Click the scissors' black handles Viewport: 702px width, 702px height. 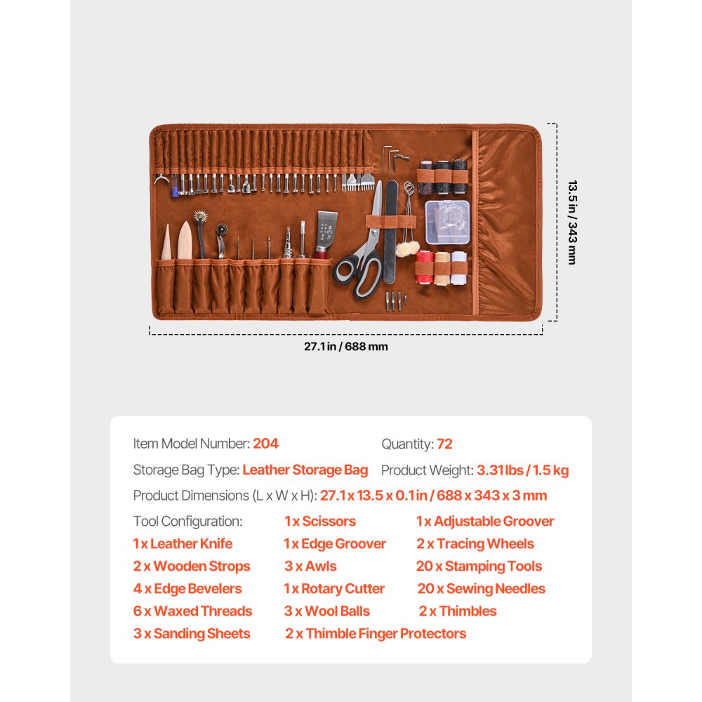[358, 272]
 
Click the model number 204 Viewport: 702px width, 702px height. [265, 444]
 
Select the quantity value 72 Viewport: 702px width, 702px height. [444, 444]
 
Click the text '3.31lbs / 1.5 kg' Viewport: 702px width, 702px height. [522, 470]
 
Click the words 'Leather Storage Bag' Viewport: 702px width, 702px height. [305, 470]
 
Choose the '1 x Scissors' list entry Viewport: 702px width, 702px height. [319, 522]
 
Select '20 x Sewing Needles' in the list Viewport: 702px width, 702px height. [481, 589]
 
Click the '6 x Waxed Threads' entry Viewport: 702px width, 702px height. [192, 611]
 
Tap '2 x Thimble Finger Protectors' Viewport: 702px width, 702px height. [376, 634]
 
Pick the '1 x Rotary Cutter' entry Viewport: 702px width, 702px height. [334, 589]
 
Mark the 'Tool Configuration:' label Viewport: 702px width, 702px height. [187, 522]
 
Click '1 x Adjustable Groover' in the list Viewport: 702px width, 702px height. [484, 522]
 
